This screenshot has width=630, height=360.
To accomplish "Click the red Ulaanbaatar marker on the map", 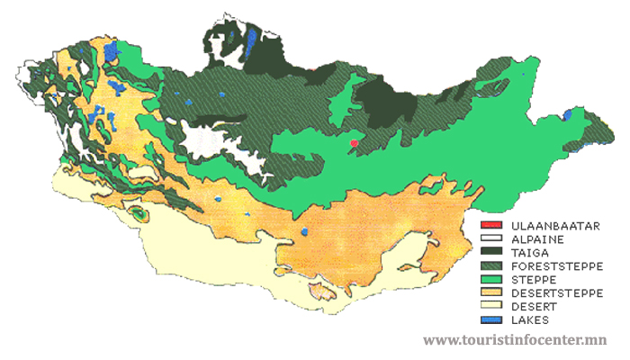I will pos(355,142).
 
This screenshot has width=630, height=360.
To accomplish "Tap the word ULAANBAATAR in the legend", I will pos(553,225).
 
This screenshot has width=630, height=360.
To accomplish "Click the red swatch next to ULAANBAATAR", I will pos(490,225).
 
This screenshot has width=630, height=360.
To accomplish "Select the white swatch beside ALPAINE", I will pos(490,238).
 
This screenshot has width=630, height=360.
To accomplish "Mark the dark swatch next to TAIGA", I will pos(490,252).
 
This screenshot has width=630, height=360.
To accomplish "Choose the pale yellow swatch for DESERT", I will pos(490,306).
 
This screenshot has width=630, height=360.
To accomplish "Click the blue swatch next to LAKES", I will pos(490,319).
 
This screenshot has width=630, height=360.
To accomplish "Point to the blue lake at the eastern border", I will pos(567,114).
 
